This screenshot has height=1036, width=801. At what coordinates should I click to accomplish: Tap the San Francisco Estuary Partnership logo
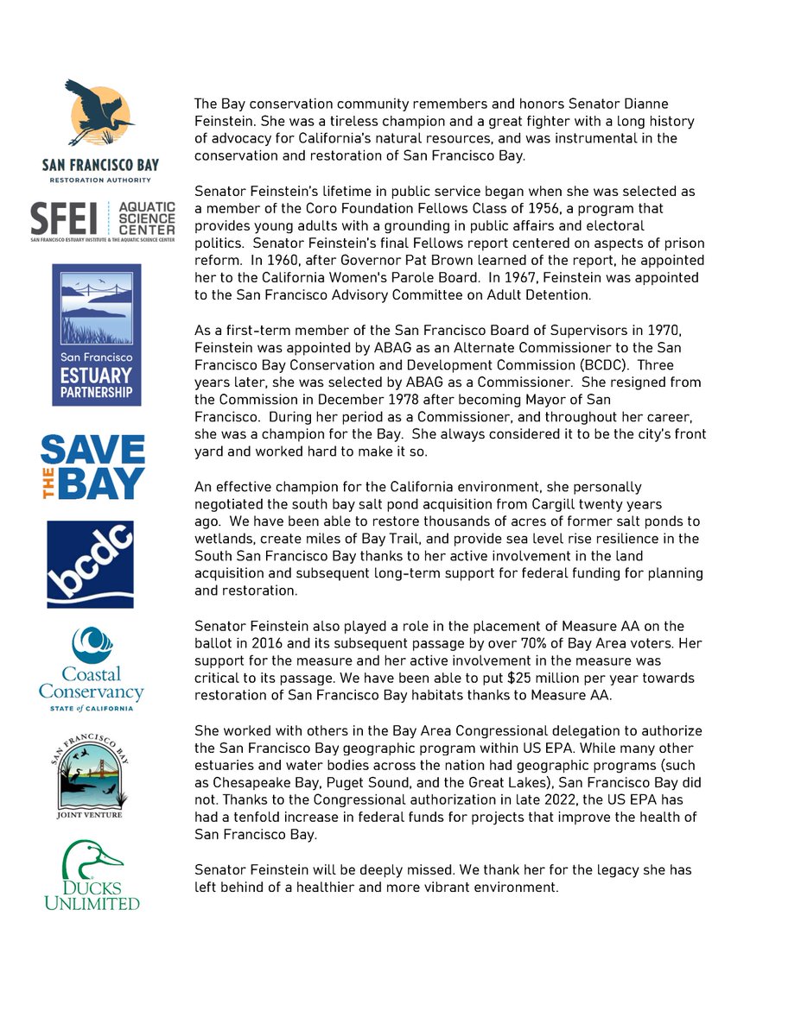tap(97, 335)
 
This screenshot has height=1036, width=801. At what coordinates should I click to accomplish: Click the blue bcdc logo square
tap(90, 564)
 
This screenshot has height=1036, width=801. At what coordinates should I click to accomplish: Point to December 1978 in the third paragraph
tap(349, 399)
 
